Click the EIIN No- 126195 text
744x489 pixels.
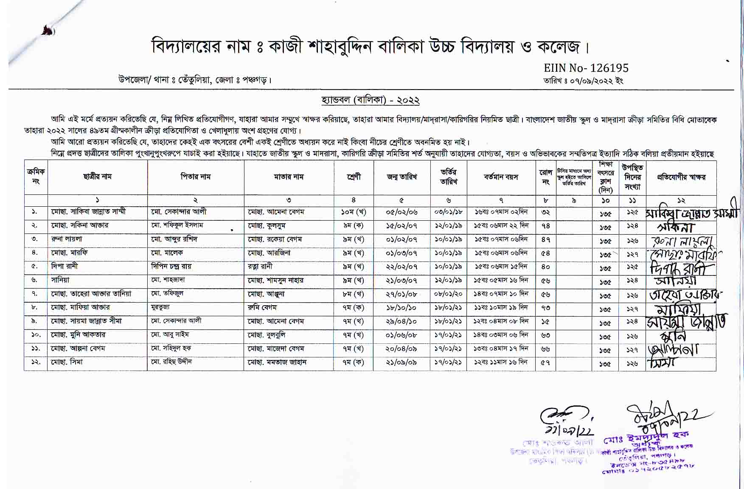click(x=586, y=68)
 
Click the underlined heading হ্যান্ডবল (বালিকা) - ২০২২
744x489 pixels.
click(x=371, y=101)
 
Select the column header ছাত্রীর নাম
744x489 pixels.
click(x=97, y=177)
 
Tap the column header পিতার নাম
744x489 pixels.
click(x=195, y=177)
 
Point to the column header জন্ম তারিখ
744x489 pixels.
click(x=401, y=177)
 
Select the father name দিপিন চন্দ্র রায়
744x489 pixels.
click(x=171, y=267)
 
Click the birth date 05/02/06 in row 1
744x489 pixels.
click(x=401, y=212)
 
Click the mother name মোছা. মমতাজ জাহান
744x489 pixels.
click(x=277, y=362)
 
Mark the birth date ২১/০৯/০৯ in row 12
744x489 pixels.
click(x=401, y=362)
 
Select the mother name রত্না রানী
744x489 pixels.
click(x=260, y=267)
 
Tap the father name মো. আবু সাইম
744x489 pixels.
click(x=170, y=335)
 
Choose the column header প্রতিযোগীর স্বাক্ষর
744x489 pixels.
click(x=681, y=177)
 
